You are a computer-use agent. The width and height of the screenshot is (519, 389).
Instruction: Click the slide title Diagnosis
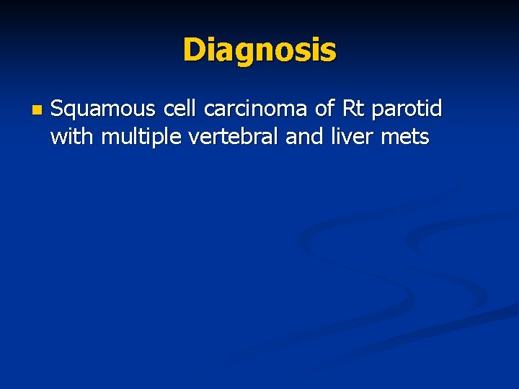[x=259, y=50]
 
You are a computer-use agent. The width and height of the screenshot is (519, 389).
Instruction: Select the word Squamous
[x=103, y=109]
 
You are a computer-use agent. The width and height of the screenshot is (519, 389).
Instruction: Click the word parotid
[x=407, y=110]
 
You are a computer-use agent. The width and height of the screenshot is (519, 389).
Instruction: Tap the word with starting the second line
[x=73, y=136]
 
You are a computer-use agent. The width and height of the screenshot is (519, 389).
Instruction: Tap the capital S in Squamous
[x=57, y=109]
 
